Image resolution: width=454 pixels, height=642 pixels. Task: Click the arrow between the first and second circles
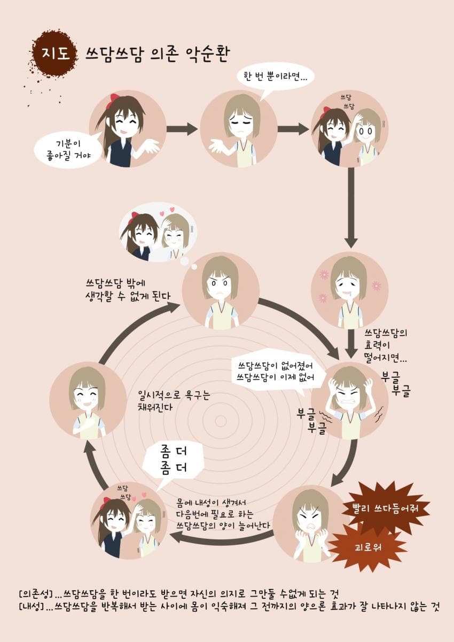point(182,129)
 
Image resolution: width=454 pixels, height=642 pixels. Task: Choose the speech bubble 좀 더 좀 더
point(174,461)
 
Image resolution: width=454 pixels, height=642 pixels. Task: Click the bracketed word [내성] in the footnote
point(31,608)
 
